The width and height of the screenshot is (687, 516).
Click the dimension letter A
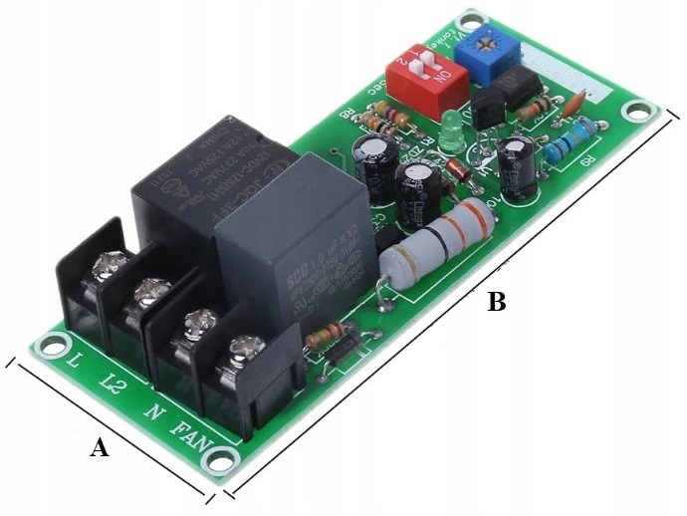coord(99,449)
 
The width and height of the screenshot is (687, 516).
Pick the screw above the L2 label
coord(150,291)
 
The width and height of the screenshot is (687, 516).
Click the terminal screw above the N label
coord(199,321)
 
